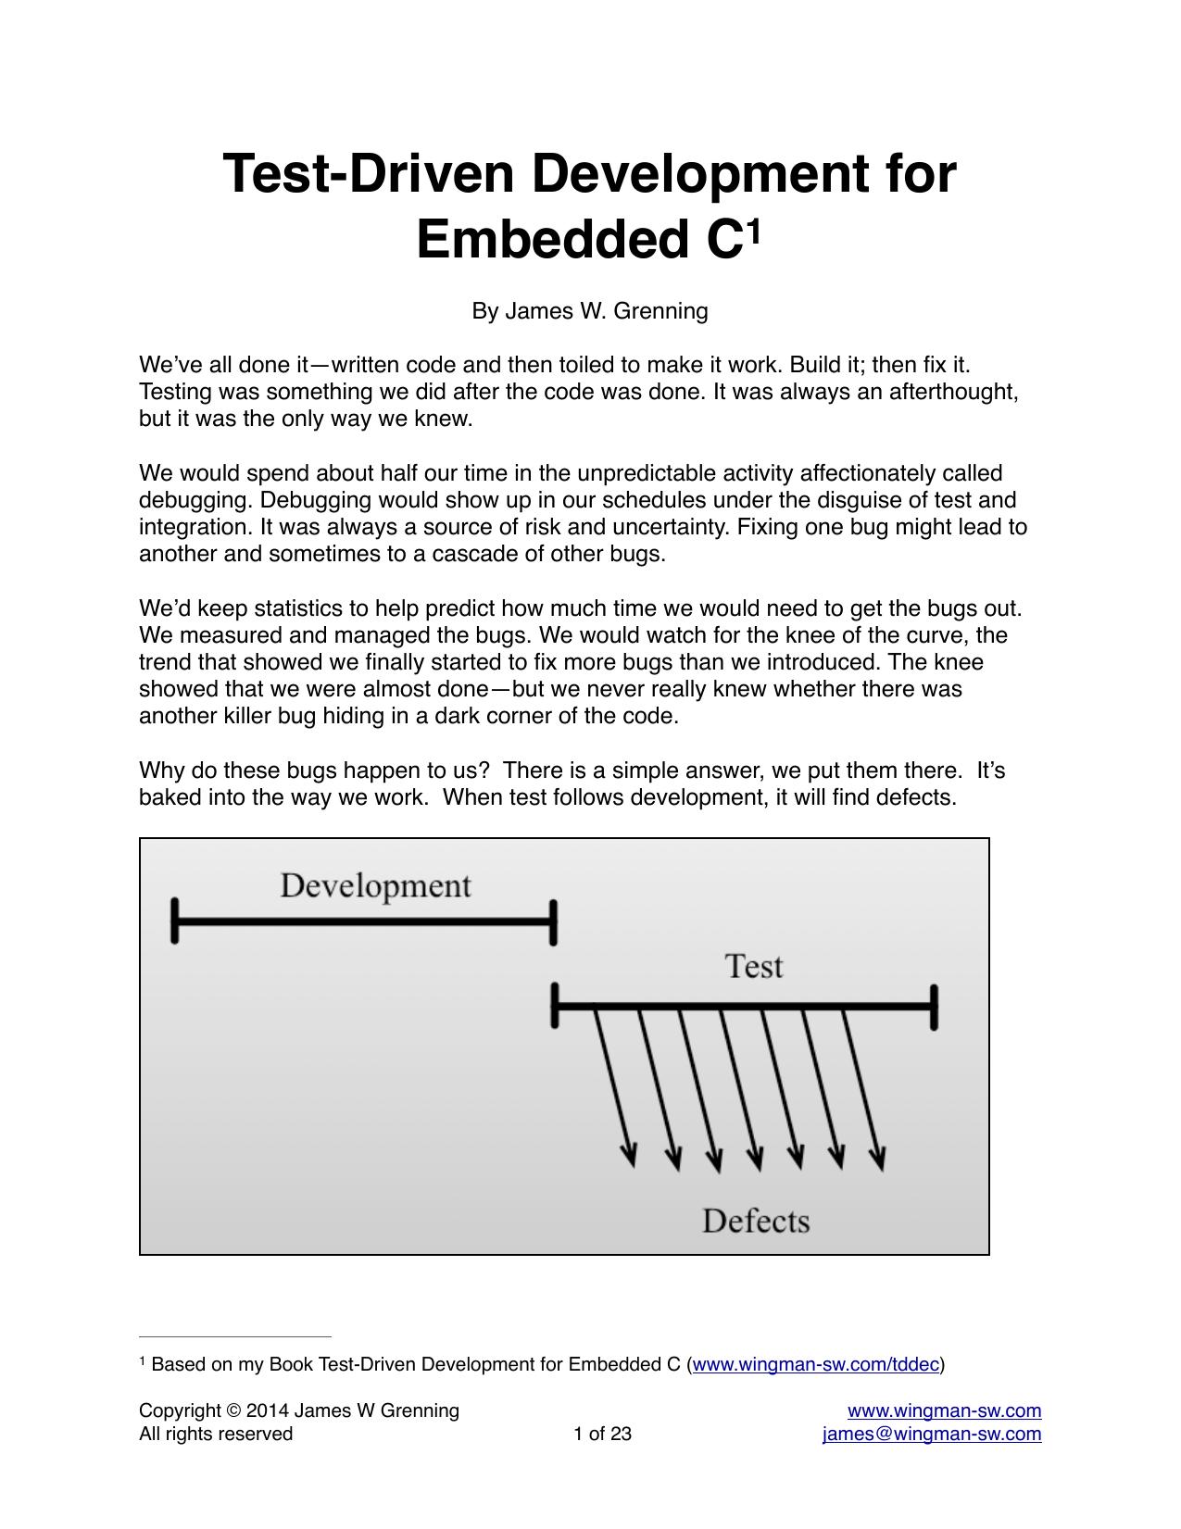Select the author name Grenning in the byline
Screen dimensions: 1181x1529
[x=661, y=311]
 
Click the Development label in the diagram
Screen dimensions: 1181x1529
[x=375, y=886]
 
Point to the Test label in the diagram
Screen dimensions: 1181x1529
[x=754, y=967]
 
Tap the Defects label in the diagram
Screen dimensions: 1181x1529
[x=756, y=1221]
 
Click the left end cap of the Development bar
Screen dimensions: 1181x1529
[x=174, y=921]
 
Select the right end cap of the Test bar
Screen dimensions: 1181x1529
[x=934, y=1007]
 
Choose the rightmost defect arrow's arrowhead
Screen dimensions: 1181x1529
[x=877, y=1159]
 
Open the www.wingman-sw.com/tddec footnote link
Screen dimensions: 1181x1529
[x=815, y=1364]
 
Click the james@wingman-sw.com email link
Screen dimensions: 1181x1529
[x=932, y=1434]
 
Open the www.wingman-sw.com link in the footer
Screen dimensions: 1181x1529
[x=945, y=1410]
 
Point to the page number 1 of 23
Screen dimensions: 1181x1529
[x=602, y=1434]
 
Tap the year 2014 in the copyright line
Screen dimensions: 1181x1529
[x=266, y=1410]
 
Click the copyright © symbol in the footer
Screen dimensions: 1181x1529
[x=232, y=1410]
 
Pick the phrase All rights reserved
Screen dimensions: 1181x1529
[x=216, y=1434]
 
